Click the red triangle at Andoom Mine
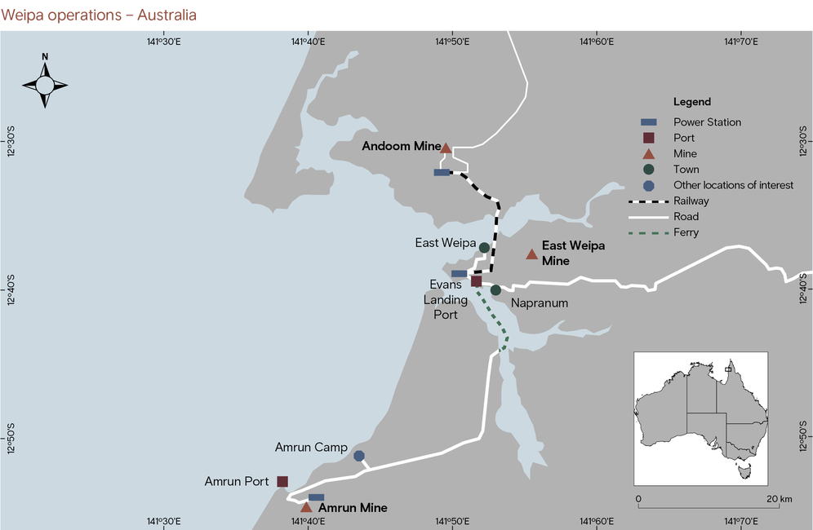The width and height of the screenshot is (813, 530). coord(446,148)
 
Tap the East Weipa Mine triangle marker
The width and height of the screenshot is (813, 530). coord(532,254)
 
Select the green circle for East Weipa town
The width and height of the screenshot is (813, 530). coord(484,247)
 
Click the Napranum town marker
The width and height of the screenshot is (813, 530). coord(495,290)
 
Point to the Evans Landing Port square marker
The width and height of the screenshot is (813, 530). coord(476,281)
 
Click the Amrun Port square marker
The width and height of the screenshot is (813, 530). coord(282,481)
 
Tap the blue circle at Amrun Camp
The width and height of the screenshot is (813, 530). coord(359,456)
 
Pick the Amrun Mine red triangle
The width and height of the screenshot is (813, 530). coord(306,507)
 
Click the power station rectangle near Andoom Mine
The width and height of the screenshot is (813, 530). coord(442,172)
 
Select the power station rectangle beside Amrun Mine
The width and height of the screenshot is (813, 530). coord(316,497)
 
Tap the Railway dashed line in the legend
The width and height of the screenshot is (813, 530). coord(647,201)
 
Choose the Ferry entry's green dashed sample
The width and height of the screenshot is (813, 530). coord(647,232)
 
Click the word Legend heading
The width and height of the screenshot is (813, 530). coord(691,102)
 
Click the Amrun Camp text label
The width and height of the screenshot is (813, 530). coord(311,448)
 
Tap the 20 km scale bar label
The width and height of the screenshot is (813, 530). coord(780,498)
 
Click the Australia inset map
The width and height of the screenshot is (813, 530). coord(700,419)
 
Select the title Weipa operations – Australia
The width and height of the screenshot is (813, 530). coord(99,15)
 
